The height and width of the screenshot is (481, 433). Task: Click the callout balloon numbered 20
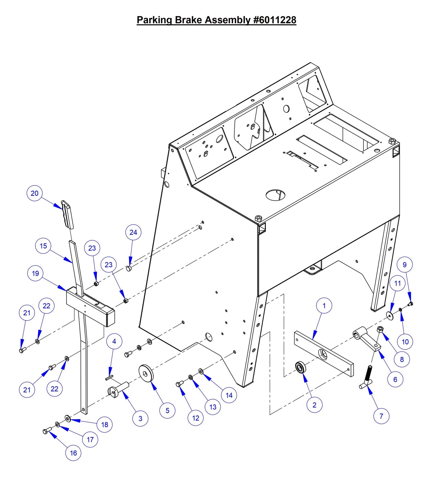tap(35, 193)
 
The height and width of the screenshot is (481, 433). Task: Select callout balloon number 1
tap(324, 306)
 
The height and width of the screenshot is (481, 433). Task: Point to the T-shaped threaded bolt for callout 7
tap(367, 379)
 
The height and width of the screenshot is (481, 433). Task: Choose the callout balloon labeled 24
tap(133, 232)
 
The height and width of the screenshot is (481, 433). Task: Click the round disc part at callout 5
tap(146, 373)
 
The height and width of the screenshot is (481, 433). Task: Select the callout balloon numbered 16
tap(73, 453)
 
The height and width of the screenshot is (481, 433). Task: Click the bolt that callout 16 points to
tap(47, 431)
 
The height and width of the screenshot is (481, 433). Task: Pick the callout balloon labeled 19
tap(35, 273)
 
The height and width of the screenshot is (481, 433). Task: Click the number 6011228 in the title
tap(275, 20)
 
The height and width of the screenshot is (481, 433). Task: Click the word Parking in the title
tap(154, 20)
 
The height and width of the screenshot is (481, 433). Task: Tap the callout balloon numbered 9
tap(405, 265)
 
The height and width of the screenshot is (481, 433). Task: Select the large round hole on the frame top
tap(275, 195)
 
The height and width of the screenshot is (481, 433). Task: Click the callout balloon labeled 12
tap(196, 418)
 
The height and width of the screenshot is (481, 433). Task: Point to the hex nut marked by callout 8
tap(380, 330)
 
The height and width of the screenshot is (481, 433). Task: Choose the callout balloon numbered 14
tap(229, 395)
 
